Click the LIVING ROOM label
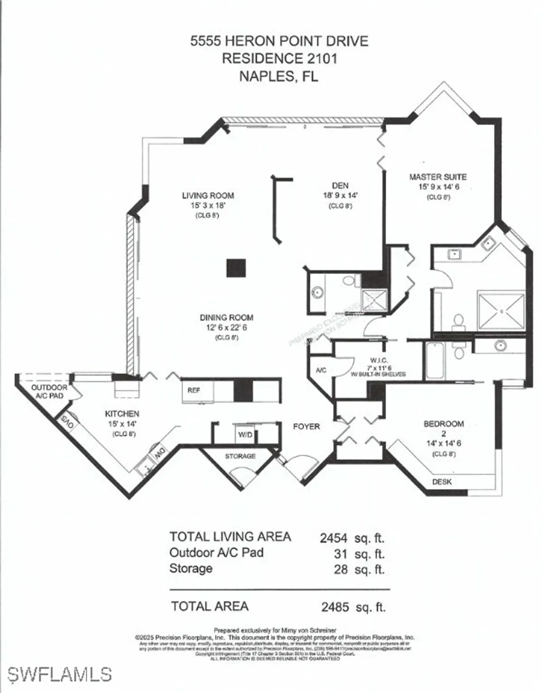tap(208, 195)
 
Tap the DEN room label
tap(340, 186)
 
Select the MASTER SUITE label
tap(437, 177)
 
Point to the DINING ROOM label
tap(226, 318)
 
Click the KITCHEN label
tap(122, 414)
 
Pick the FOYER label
tap(306, 427)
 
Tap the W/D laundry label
tap(245, 435)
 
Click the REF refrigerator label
tap(194, 390)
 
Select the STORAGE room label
tap(240, 456)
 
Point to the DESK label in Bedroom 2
tap(442, 482)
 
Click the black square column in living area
tap(236, 268)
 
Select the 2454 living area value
tap(333, 538)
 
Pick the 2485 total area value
tap(335, 607)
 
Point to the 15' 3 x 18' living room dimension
tap(208, 206)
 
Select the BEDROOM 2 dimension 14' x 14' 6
tap(443, 444)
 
